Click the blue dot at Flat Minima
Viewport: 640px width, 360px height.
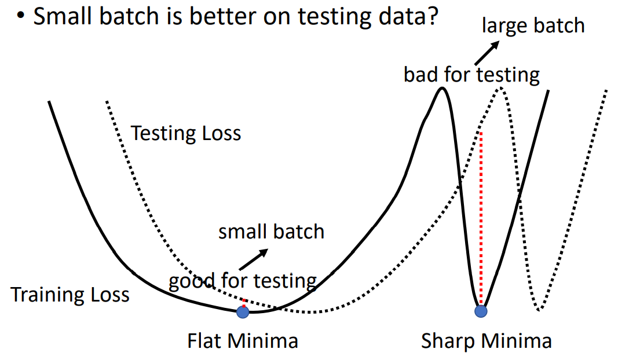point(243,313)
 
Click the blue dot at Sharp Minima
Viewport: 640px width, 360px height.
point(481,311)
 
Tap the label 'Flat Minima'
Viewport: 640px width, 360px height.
point(243,340)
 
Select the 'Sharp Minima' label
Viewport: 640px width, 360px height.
point(486,340)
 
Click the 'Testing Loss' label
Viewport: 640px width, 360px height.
point(185,134)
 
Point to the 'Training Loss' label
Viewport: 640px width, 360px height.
point(70,295)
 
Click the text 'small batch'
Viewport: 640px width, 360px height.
point(271,232)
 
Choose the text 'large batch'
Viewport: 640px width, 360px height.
point(533,25)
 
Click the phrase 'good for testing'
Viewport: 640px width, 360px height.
point(243,281)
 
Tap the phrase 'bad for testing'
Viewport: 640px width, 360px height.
point(471,75)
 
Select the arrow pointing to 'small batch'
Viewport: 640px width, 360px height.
point(253,259)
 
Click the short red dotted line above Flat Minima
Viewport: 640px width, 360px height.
point(244,303)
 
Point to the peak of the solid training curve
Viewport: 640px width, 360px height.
point(442,88)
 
